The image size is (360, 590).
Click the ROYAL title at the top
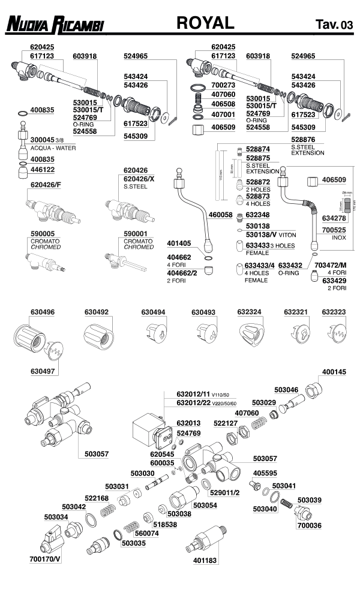pos(205,23)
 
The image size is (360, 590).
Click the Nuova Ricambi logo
pos(55,25)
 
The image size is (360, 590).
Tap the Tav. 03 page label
pos(334,25)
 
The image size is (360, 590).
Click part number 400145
pos(334,372)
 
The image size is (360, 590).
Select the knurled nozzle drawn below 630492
pos(97,339)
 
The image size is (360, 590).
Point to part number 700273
pos(223,86)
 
